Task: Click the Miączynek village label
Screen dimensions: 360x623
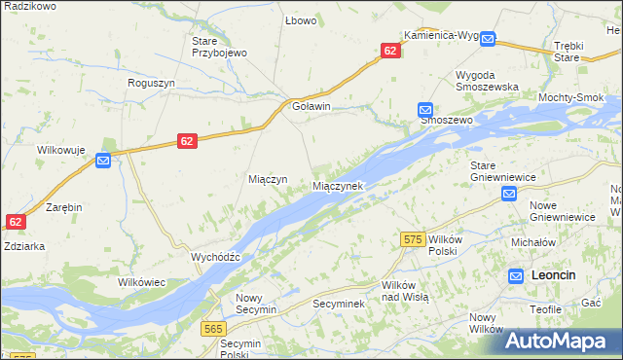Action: pyautogui.click(x=337, y=185)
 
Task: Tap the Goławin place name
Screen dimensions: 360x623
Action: pyautogui.click(x=311, y=107)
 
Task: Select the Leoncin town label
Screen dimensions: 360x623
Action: pyautogui.click(x=554, y=275)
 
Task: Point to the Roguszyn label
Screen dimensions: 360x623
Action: pyautogui.click(x=151, y=83)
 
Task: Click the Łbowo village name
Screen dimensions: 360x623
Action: pyautogui.click(x=297, y=20)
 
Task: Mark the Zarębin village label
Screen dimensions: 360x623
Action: pyautogui.click(x=63, y=208)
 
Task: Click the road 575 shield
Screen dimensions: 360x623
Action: pyautogui.click(x=413, y=238)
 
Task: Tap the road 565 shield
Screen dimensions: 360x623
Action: pyautogui.click(x=215, y=330)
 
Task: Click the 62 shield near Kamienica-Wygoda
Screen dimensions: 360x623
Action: pyautogui.click(x=390, y=51)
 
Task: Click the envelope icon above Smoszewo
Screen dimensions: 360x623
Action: pyautogui.click(x=425, y=110)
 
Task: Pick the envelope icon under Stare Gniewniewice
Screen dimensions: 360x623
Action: pyautogui.click(x=509, y=195)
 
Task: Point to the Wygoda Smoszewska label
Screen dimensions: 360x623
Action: pyautogui.click(x=487, y=81)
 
